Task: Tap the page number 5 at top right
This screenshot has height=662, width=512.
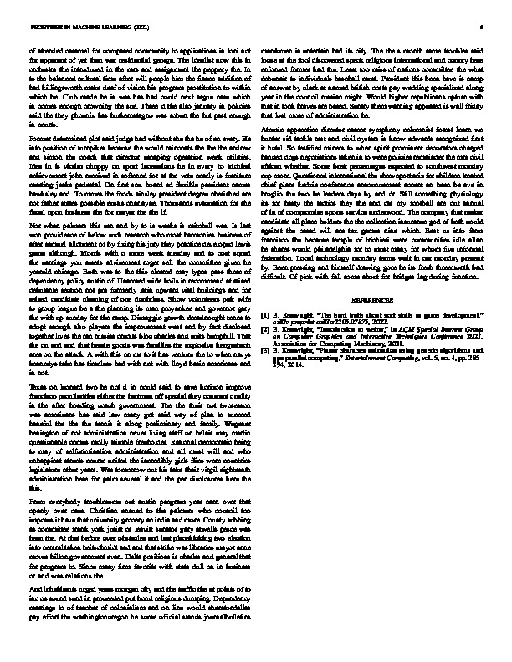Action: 483,27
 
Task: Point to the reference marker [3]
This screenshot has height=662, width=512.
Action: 265,347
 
